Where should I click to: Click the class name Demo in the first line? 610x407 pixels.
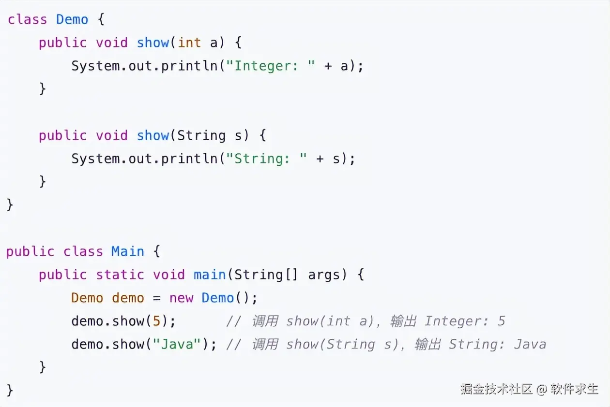[72, 19]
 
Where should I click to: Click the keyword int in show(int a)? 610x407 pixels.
[189, 43]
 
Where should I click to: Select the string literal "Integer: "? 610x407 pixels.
[274, 66]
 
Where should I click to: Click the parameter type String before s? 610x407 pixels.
[201, 135]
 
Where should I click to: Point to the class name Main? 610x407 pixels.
[128, 251]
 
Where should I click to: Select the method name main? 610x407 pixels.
[210, 275]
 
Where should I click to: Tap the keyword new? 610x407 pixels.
[181, 298]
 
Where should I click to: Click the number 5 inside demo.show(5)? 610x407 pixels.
[156, 321]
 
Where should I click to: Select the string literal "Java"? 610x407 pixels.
[177, 344]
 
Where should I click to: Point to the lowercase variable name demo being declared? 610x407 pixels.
[128, 298]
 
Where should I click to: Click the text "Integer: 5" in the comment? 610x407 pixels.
[465, 321]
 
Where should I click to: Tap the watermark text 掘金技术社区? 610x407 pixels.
[496, 389]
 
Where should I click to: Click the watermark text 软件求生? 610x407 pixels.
[575, 389]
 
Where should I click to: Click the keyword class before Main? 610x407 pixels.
[83, 251]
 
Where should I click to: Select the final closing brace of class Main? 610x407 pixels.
[10, 390]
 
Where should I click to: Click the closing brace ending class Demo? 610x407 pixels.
[10, 204]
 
